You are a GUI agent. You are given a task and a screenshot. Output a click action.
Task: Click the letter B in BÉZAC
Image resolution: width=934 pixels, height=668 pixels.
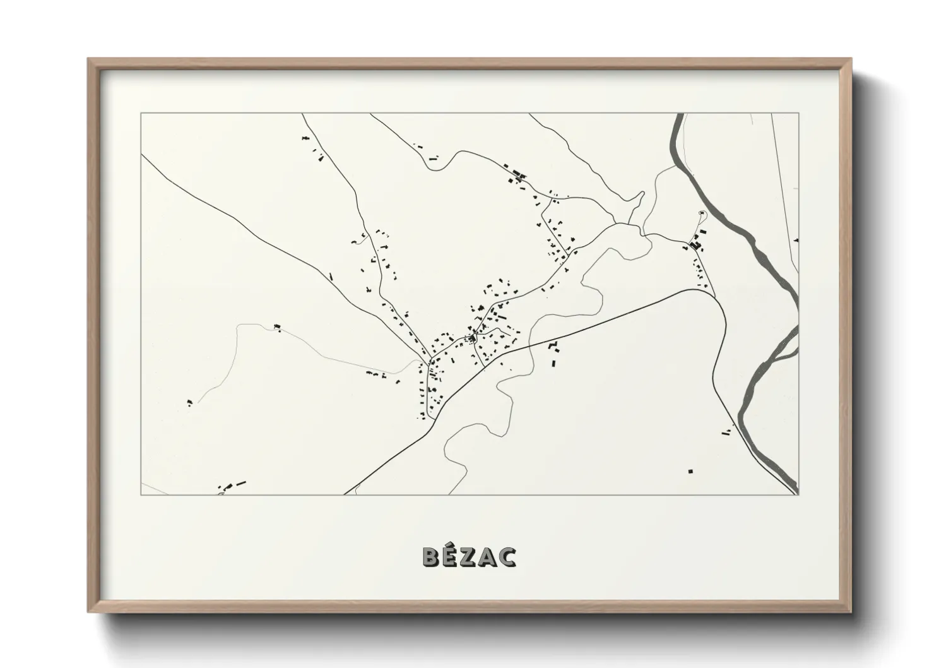431,557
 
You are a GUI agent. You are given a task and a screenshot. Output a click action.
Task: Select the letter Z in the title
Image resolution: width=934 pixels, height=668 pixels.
470,557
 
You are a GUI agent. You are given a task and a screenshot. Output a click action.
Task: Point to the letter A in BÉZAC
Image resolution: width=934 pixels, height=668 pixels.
488,557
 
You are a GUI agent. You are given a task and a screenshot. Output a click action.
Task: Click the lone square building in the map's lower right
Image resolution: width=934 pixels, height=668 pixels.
690,471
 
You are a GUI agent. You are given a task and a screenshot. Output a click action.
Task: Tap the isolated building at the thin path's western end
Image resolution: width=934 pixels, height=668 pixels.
189,402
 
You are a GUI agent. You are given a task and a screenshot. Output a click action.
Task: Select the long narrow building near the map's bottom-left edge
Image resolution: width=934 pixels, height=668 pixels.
240,483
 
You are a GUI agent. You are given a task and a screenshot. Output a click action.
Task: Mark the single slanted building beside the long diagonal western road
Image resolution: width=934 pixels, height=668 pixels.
331,276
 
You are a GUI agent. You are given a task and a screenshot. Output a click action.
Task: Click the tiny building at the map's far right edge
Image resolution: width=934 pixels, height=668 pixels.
796,240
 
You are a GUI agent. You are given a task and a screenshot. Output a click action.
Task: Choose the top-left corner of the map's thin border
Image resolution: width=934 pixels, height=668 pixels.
141,114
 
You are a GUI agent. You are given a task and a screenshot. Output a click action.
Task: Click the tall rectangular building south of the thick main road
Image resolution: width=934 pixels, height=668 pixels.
554,363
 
